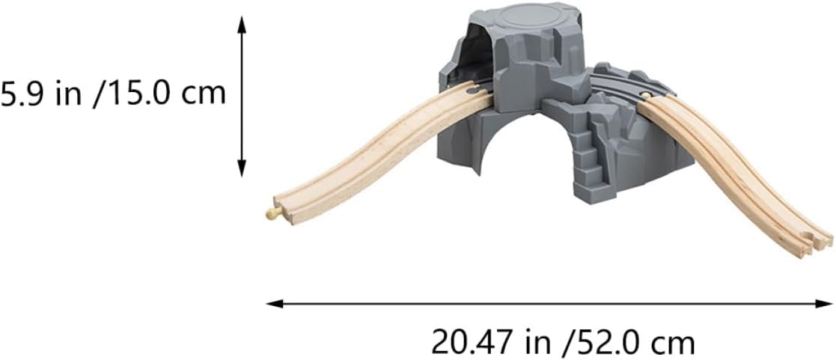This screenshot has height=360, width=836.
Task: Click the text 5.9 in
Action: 42,94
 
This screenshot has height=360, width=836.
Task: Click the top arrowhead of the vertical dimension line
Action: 242,24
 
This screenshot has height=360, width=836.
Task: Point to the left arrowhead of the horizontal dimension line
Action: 274,303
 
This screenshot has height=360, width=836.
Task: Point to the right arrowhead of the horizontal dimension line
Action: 824,303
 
